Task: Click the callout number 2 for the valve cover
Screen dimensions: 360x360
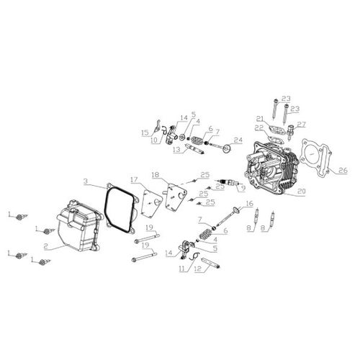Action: (46, 246)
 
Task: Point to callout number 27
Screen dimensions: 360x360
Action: (302, 124)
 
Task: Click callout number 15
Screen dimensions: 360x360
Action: (145, 132)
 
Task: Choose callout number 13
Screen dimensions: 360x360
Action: (175, 149)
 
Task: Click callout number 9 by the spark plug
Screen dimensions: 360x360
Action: (243, 188)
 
